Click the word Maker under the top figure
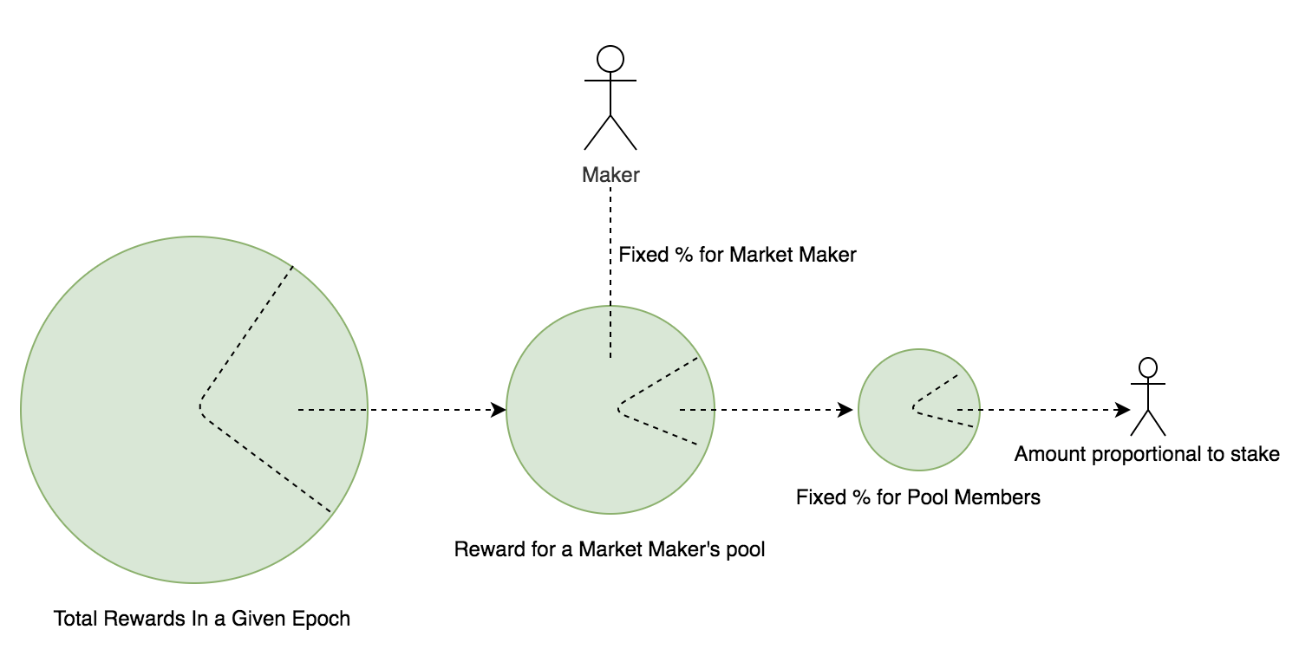click(x=610, y=175)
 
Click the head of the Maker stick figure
click(x=610, y=59)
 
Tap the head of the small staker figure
click(x=1148, y=367)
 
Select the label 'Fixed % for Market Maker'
click(x=737, y=255)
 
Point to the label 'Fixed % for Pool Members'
click(x=917, y=497)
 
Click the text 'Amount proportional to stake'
click(x=1146, y=454)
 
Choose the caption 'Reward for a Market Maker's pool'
click(x=610, y=549)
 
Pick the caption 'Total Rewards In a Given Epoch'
click(x=202, y=619)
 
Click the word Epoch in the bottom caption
click(x=323, y=619)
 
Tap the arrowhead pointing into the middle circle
click(x=499, y=410)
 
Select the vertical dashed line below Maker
click(x=610, y=277)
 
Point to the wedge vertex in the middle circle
click(x=618, y=407)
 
